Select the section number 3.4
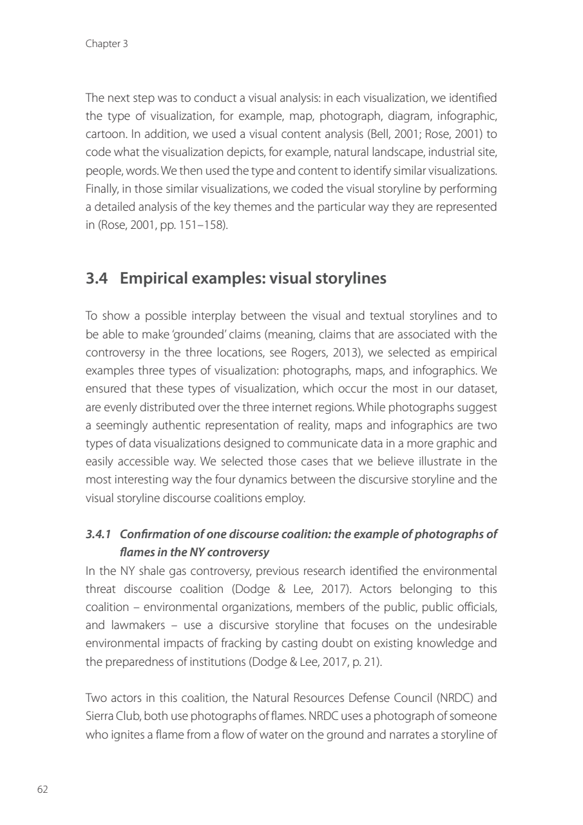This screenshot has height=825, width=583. [x=97, y=278]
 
